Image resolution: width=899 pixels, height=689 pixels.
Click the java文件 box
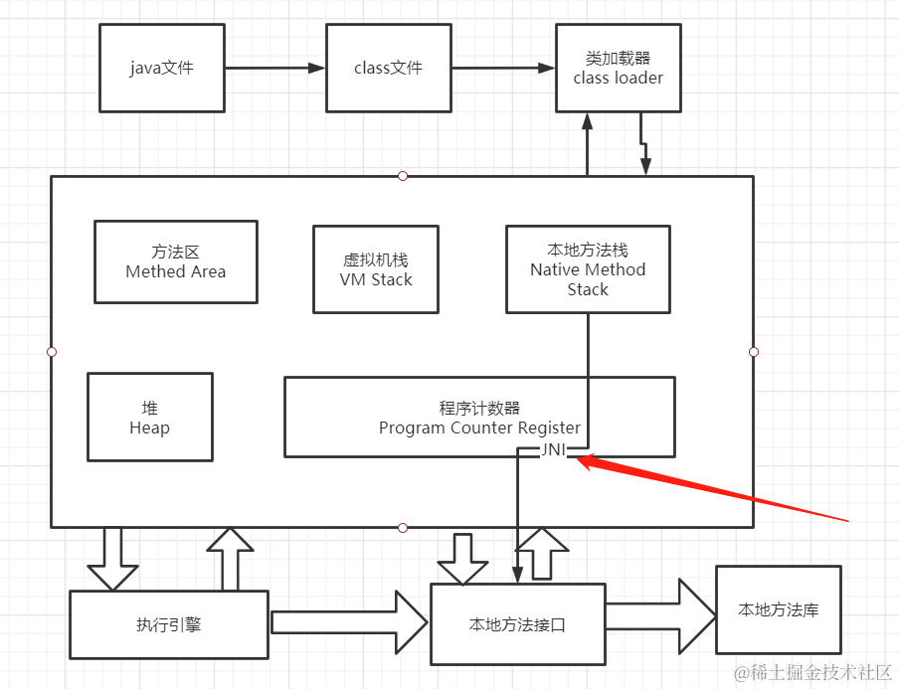point(161,69)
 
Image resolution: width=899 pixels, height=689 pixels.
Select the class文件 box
point(388,69)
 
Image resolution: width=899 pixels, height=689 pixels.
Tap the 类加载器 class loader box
point(618,69)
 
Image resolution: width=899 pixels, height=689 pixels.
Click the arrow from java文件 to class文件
point(274,69)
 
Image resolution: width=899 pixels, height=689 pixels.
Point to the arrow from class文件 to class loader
point(502,69)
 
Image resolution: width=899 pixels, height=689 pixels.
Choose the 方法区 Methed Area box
point(175,261)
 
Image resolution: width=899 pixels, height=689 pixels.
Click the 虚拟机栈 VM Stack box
point(375,269)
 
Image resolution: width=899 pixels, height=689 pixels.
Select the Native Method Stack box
point(587,269)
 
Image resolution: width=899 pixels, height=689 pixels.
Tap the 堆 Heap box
point(149,418)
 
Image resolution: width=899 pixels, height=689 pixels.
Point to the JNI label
point(554,450)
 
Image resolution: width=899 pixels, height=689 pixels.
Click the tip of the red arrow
point(579,458)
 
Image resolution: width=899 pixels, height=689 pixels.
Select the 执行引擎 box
point(168,624)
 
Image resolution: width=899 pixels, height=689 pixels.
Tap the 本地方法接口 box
point(517,625)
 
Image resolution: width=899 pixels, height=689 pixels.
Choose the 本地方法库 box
point(778,609)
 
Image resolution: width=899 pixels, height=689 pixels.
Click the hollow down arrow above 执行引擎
point(112,558)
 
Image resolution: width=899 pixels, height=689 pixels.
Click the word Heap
point(149,428)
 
